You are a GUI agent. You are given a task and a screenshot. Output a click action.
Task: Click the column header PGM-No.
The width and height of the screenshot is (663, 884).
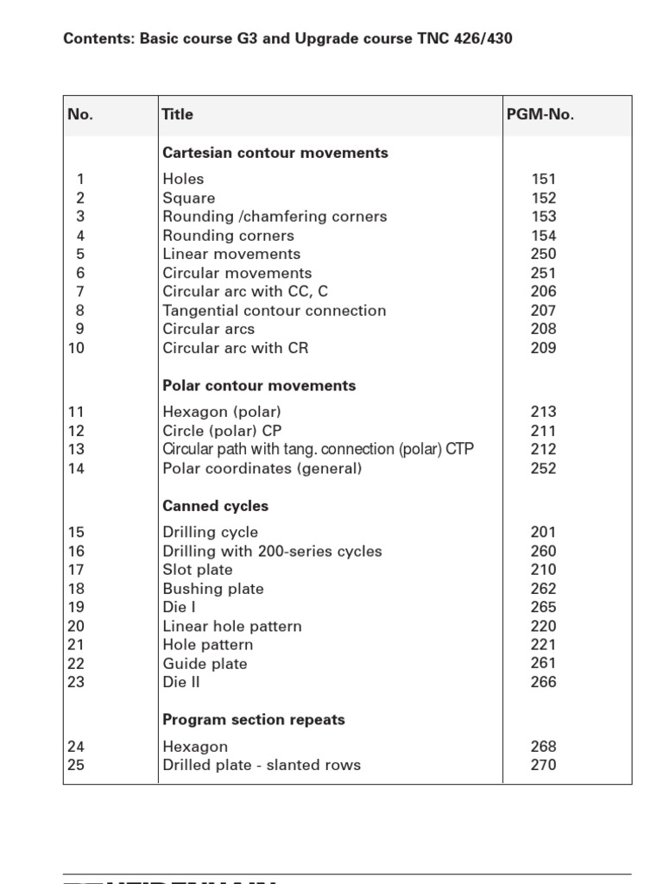[x=540, y=115]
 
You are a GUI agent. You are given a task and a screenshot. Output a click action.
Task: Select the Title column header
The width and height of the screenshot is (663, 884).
[x=178, y=115]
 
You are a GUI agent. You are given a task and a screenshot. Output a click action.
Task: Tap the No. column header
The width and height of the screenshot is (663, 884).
[x=80, y=115]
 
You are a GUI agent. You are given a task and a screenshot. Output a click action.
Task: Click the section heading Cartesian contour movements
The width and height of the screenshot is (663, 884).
[x=275, y=153]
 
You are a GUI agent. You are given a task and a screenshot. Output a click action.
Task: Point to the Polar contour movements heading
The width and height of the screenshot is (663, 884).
[x=259, y=386]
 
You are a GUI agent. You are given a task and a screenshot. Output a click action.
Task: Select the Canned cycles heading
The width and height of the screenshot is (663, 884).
[x=216, y=506]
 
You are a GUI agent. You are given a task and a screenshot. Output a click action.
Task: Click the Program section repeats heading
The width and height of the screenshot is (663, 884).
[x=254, y=720]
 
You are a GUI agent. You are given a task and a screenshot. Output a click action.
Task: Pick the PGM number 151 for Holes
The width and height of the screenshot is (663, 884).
[x=544, y=180]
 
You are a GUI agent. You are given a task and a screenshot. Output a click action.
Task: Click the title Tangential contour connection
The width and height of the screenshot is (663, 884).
[x=275, y=311]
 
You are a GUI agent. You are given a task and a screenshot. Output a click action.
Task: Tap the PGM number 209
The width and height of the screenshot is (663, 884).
[x=544, y=349]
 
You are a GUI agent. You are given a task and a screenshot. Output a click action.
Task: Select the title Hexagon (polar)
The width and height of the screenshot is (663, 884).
[x=222, y=413]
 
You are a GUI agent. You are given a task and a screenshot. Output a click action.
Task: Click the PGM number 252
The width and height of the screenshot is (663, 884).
[x=544, y=469]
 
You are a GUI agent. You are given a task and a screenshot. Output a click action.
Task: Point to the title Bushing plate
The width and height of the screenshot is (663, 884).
[x=213, y=589]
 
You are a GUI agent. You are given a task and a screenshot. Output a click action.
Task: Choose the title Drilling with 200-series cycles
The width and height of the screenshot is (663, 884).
[x=272, y=552]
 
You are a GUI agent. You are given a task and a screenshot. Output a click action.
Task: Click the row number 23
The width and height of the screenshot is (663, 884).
[x=76, y=682]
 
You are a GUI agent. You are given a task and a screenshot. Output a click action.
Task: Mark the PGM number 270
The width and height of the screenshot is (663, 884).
[x=544, y=765]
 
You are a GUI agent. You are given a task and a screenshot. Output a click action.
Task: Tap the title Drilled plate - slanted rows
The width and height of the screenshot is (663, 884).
[x=262, y=765]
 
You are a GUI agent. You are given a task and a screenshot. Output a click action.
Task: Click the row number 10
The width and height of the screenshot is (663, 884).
[x=76, y=349]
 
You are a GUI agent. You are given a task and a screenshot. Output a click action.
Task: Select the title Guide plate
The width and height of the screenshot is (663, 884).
[x=205, y=664]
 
